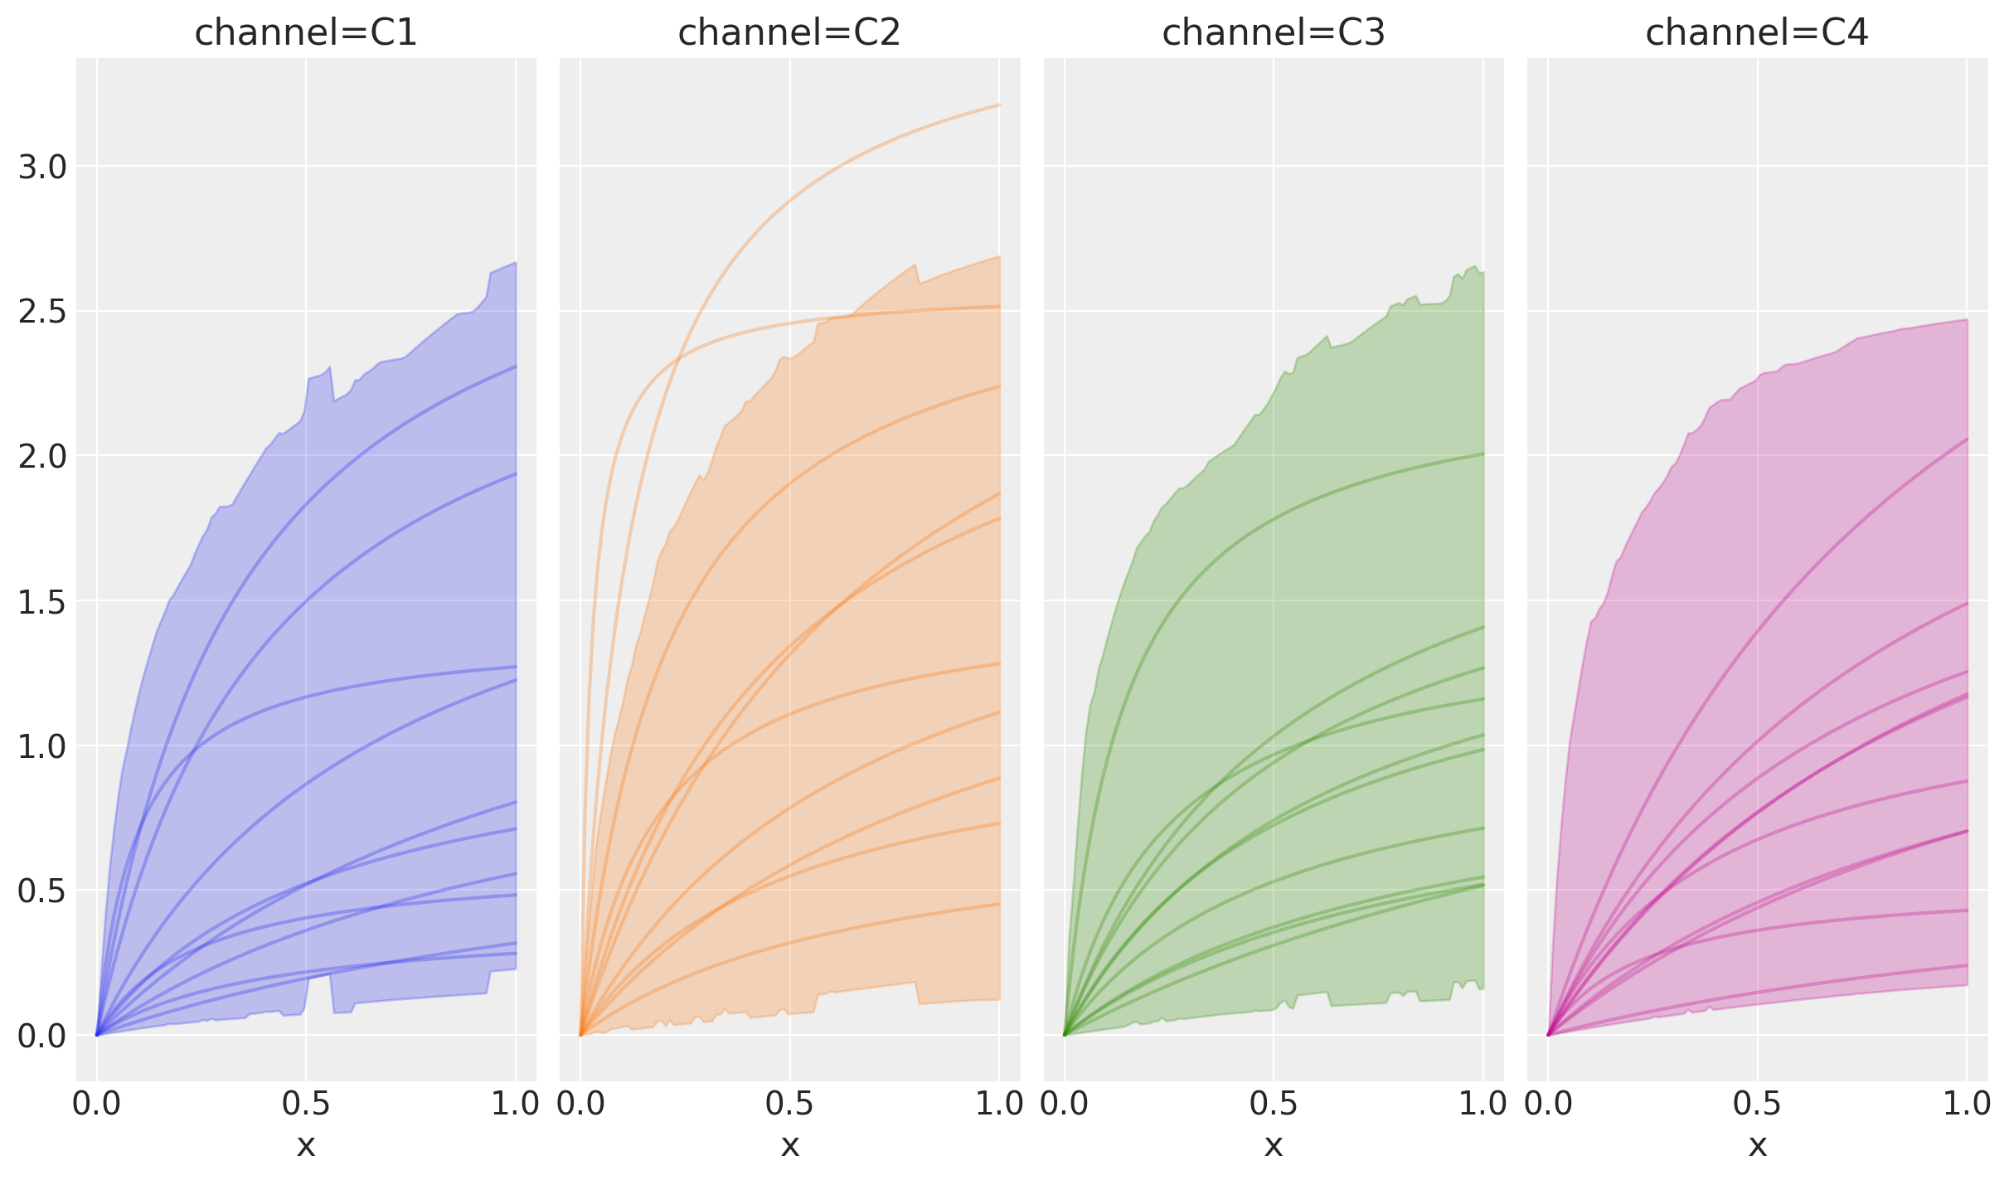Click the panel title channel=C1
[305, 33]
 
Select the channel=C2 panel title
[789, 33]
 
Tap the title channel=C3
[1273, 33]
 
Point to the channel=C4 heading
[1756, 33]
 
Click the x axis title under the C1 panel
[306, 1145]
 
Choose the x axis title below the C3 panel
[1273, 1145]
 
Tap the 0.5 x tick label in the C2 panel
[789, 1104]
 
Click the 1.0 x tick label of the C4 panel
[1967, 1104]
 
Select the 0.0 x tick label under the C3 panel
[1064, 1104]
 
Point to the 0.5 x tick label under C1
[306, 1104]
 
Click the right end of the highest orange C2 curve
[999, 105]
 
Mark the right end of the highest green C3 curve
[1482, 454]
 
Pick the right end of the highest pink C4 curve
[1967, 439]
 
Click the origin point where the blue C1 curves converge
[97, 1035]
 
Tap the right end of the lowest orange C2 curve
[999, 904]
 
